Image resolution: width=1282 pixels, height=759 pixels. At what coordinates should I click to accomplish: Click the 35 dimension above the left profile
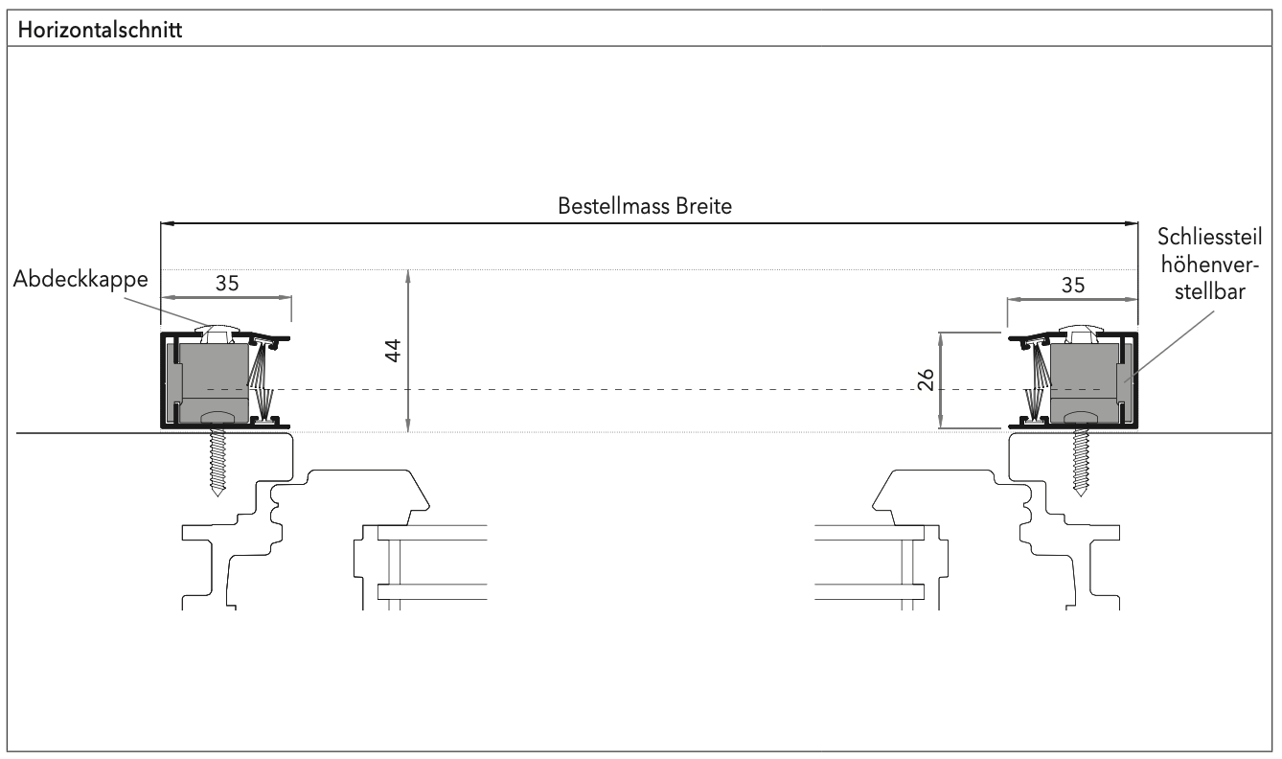pos(226,285)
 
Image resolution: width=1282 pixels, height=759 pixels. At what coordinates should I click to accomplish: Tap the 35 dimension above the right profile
pos(1072,285)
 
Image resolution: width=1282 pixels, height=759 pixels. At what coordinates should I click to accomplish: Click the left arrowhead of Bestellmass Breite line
pos(166,224)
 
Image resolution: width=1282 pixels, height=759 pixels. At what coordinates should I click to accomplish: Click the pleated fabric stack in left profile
pos(261,379)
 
